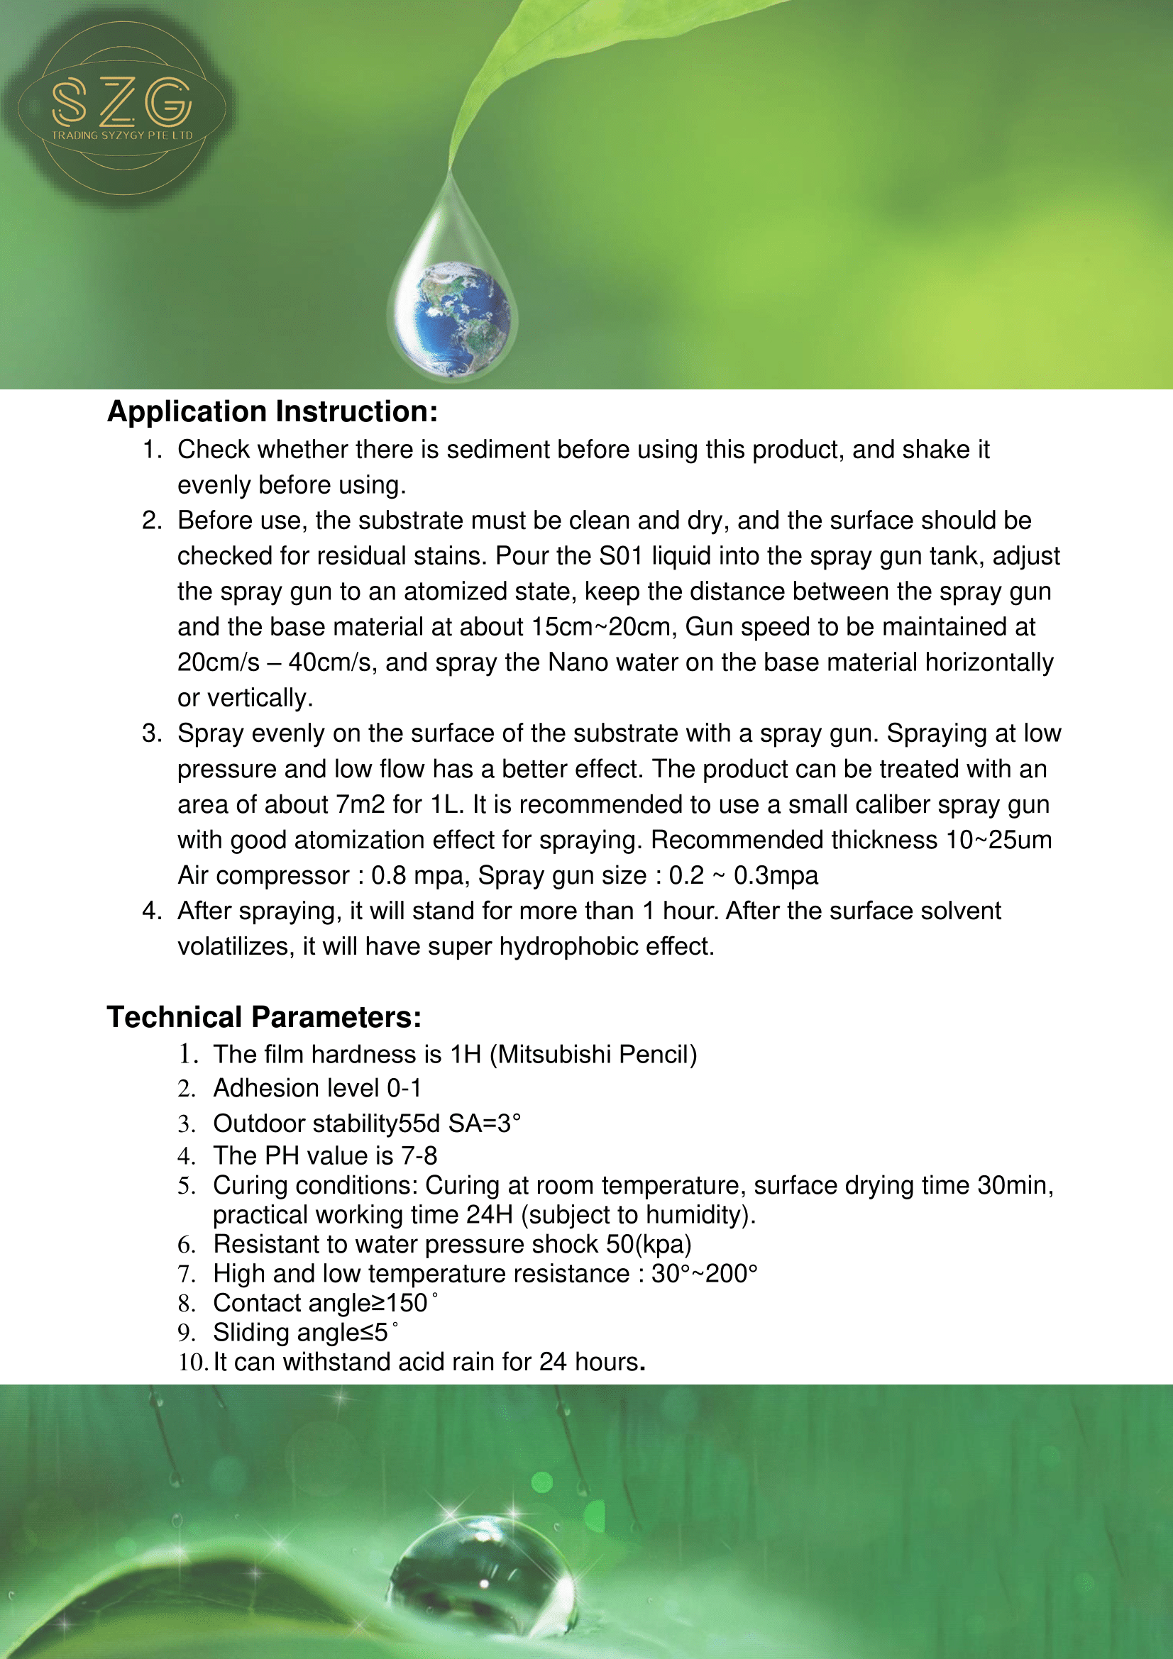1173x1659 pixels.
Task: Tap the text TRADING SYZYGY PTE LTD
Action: click(122, 135)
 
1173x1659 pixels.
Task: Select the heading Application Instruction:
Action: click(272, 411)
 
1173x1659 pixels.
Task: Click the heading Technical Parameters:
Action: click(264, 1016)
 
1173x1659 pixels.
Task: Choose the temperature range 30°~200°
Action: click(704, 1273)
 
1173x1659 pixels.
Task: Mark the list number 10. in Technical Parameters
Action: click(193, 1362)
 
